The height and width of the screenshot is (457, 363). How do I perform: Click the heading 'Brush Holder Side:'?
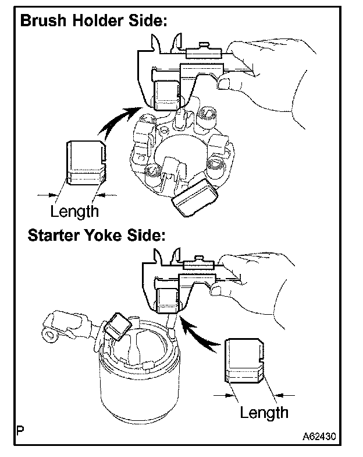(94, 22)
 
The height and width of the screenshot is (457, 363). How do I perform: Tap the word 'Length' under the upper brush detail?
(74, 210)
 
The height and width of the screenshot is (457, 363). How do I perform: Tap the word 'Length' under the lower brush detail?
(264, 413)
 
